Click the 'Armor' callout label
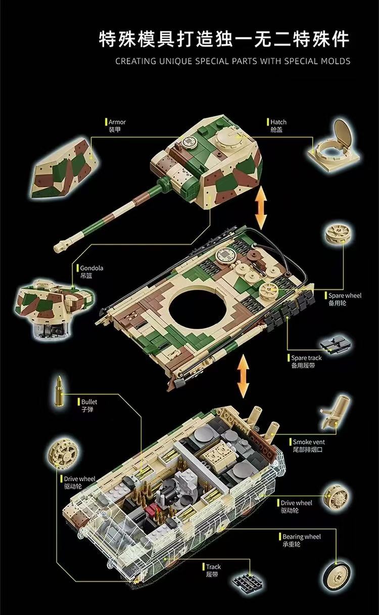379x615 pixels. point(117,122)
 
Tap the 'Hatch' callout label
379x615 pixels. point(278,122)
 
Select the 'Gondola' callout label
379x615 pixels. point(91,268)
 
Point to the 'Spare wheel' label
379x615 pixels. point(345,295)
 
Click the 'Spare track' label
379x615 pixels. point(306,358)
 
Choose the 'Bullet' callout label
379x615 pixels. point(89,402)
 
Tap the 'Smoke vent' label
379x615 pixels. point(309,442)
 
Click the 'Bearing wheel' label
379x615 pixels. point(301,537)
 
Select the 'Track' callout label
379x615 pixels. point(213,567)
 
